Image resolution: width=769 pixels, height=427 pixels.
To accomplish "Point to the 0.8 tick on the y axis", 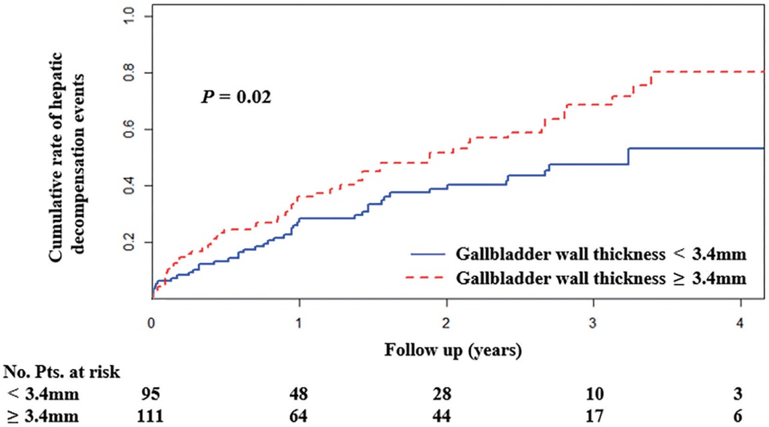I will pos(138,72).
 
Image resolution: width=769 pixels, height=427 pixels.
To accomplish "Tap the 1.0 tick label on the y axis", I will pos(138,16).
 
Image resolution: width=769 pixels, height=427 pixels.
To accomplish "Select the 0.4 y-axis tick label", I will pos(138,185).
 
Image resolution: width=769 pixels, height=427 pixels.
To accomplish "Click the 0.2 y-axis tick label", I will pos(138,242).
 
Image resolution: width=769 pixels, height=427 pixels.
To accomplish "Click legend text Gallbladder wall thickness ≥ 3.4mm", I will pos(601,278).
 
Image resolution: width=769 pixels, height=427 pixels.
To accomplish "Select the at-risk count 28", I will pos(447,393).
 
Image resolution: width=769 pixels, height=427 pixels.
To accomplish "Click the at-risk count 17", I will pos(594,415).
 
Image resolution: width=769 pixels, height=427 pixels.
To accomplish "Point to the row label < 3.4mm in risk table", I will pos(42,393).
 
